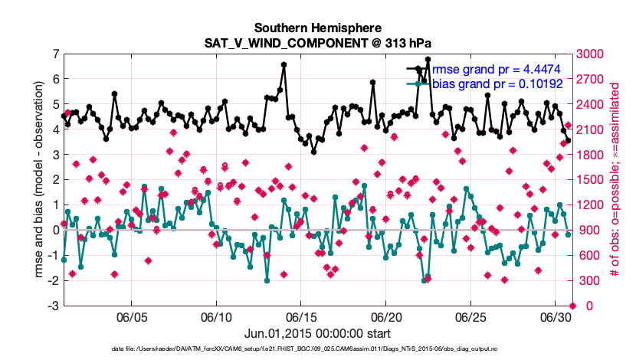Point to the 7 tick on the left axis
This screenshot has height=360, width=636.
[54, 54]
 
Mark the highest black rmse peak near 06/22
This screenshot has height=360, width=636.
[428, 59]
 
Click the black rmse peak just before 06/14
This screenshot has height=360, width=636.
[284, 65]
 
